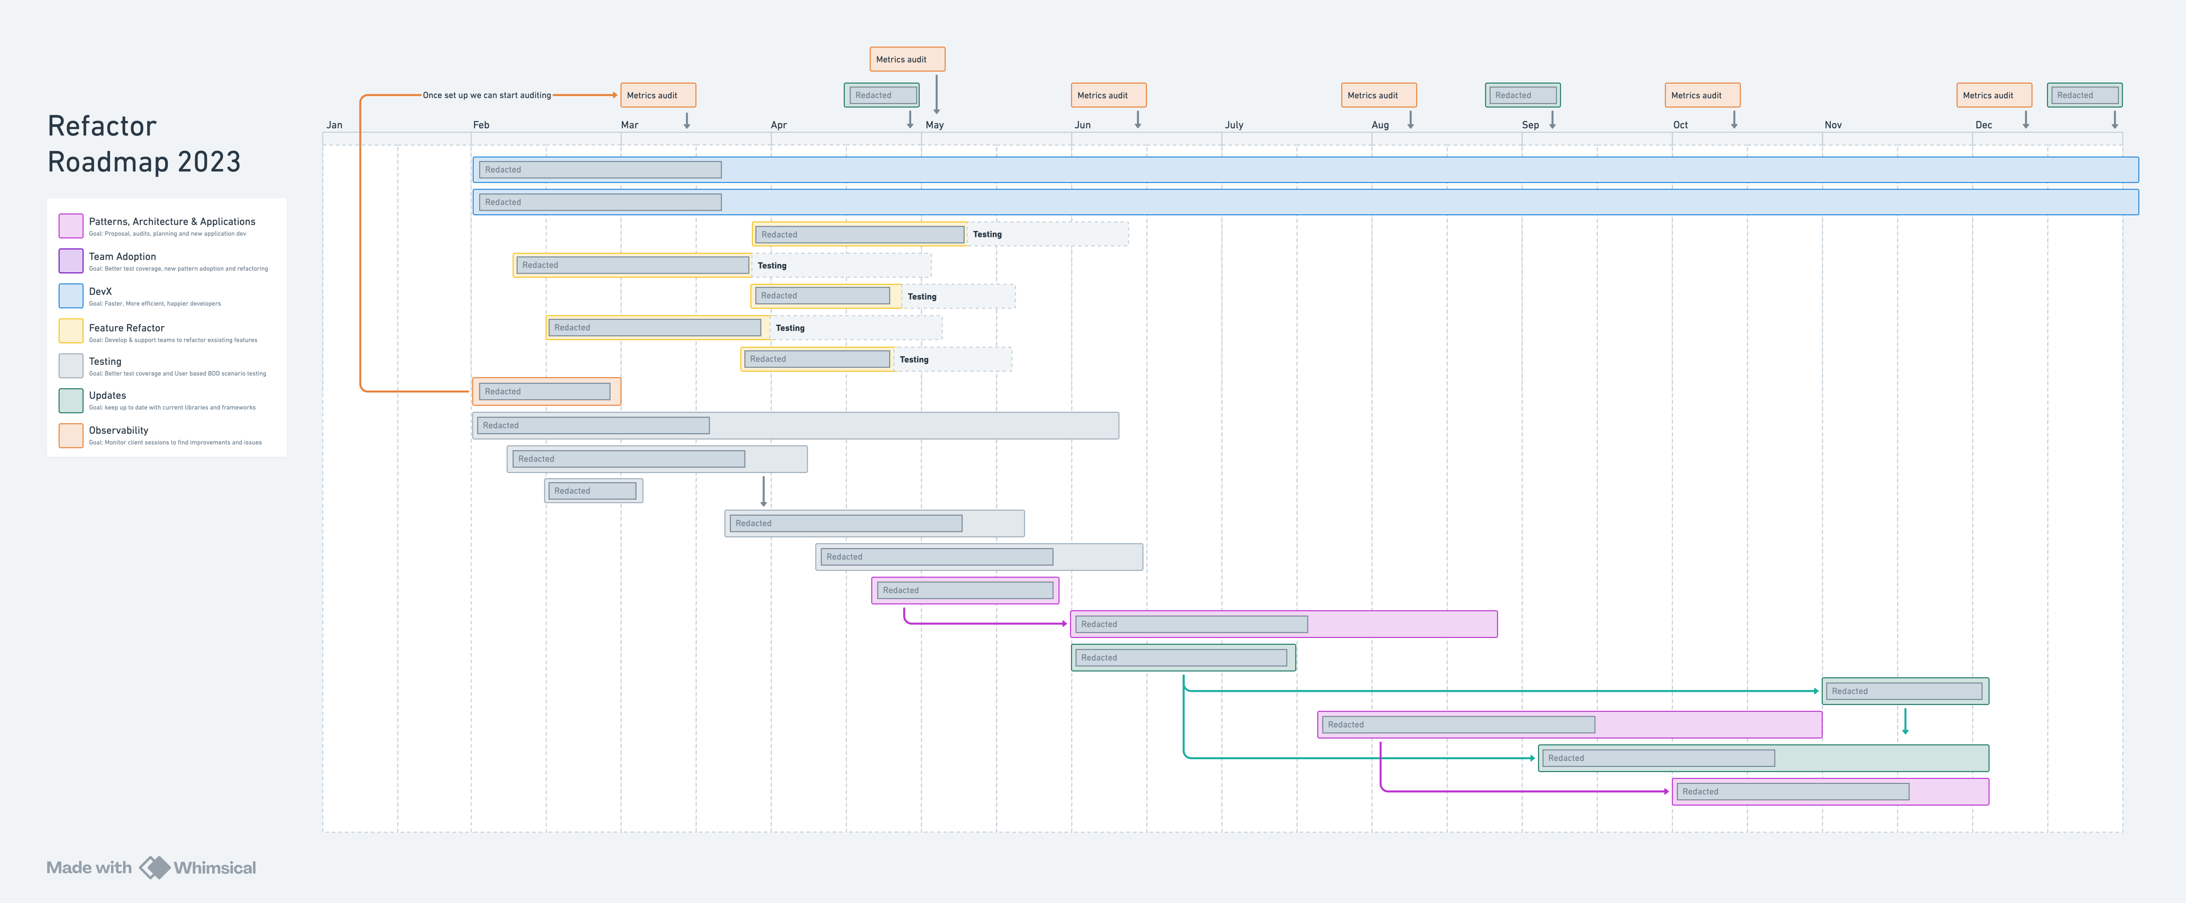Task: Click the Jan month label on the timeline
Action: pyautogui.click(x=334, y=125)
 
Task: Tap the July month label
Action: pyautogui.click(x=1234, y=125)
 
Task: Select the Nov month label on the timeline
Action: pyautogui.click(x=1833, y=125)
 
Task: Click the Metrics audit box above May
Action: pyautogui.click(x=907, y=59)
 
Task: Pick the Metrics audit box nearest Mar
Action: pyautogui.click(x=658, y=95)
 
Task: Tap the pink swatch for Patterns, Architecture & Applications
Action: pyautogui.click(x=70, y=226)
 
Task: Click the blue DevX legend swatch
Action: pyautogui.click(x=70, y=295)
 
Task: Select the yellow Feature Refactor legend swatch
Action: pyautogui.click(x=70, y=331)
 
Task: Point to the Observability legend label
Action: pyautogui.click(x=119, y=430)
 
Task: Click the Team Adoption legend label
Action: pyautogui.click(x=122, y=256)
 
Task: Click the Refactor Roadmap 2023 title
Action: pyautogui.click(x=144, y=143)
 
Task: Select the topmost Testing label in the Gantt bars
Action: pyautogui.click(x=987, y=234)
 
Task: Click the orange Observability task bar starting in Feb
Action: pyautogui.click(x=546, y=391)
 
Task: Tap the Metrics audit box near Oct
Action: pyautogui.click(x=1702, y=95)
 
